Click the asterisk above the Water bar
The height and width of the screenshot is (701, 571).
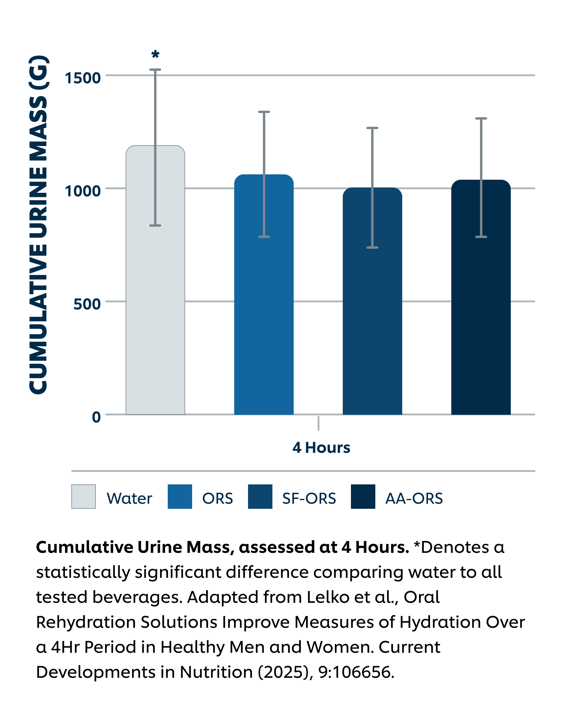coord(155,54)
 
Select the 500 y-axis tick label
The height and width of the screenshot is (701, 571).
coord(87,304)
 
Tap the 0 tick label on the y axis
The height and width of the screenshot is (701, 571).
coord(96,417)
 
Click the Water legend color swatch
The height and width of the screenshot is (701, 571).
coord(84,496)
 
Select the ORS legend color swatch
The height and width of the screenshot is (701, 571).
coord(180,496)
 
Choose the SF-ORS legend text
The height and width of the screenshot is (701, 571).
coord(309,498)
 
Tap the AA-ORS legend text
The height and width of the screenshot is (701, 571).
coord(414,498)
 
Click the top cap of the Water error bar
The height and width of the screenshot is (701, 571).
coord(155,70)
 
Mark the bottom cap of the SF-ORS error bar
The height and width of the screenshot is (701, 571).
coord(372,247)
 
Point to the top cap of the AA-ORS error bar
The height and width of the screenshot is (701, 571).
coord(481,118)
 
